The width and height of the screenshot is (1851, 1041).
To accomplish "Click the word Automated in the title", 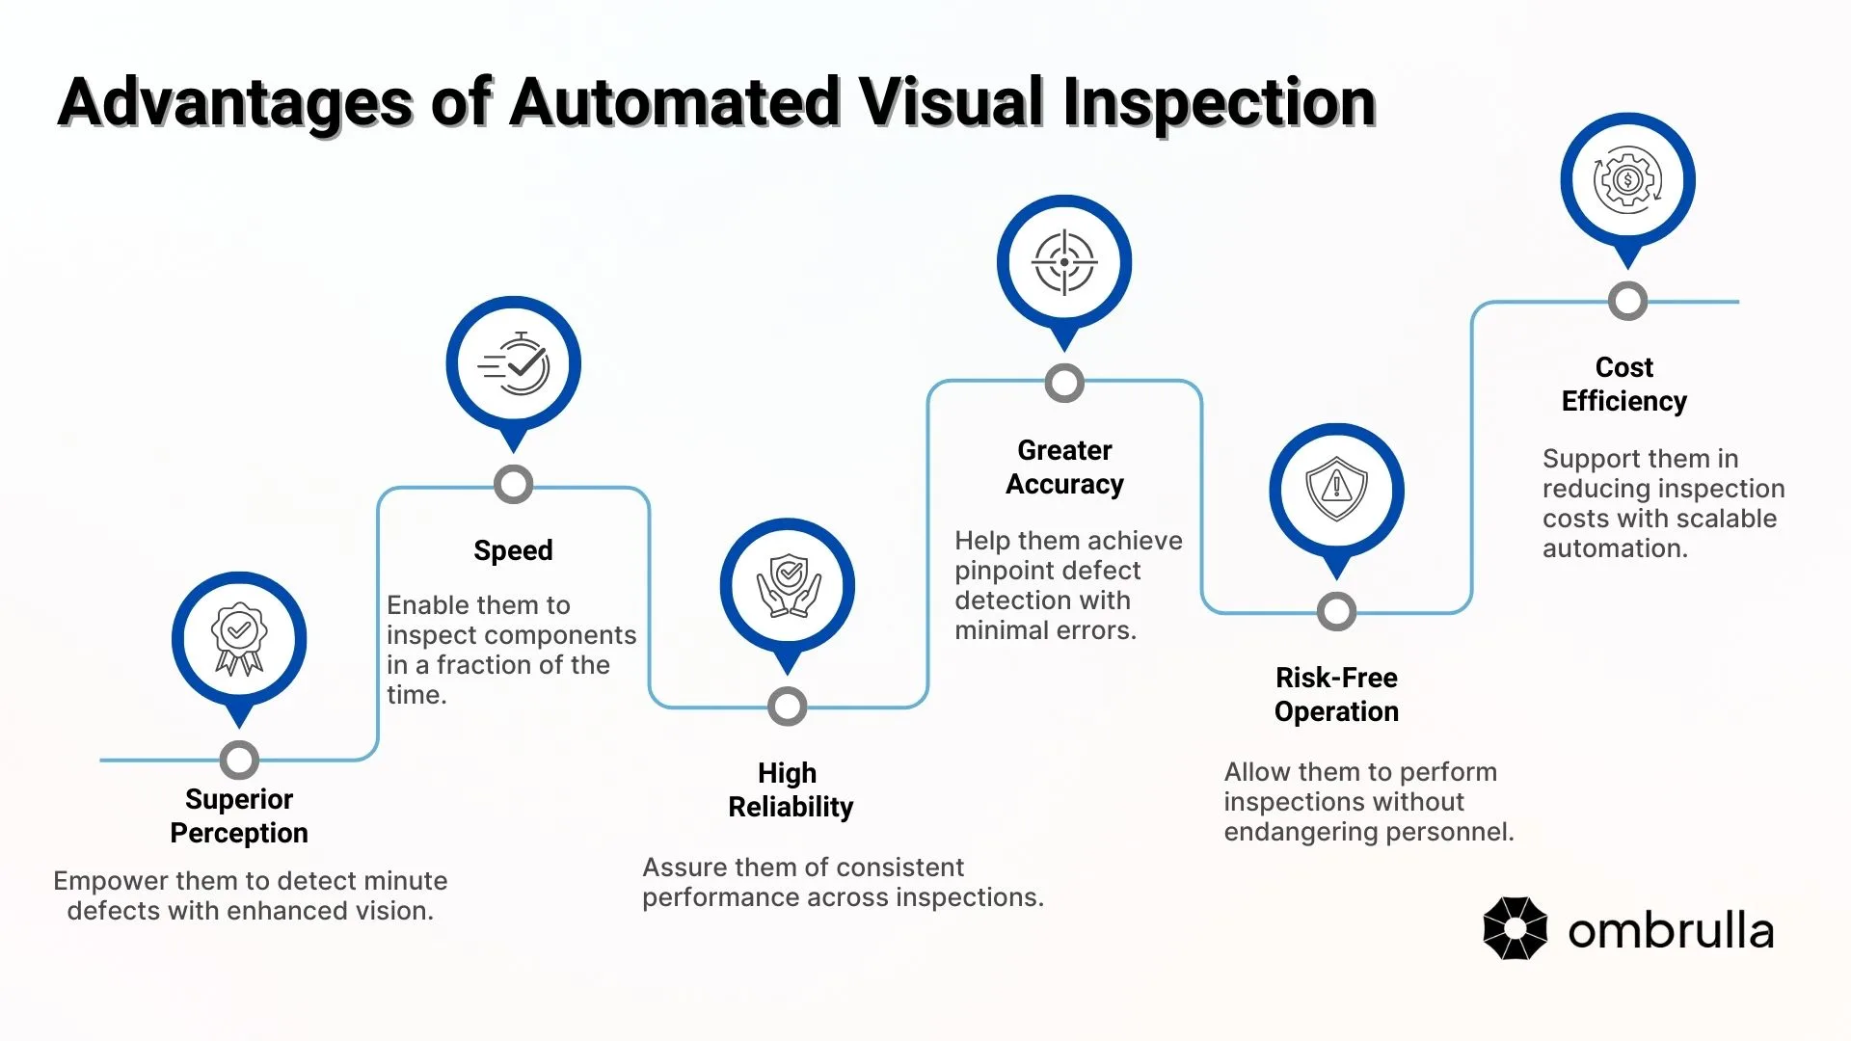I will coord(674,102).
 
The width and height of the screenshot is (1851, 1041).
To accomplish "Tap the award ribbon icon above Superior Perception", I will coord(239,638).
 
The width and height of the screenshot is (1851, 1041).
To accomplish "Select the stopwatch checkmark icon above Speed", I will coord(514,364).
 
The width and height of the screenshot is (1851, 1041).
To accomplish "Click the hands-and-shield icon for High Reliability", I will coord(788,586).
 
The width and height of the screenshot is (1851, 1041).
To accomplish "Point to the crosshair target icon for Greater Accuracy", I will coord(1064,262).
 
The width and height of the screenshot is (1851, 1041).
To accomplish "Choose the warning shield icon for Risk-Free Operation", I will coord(1336,490).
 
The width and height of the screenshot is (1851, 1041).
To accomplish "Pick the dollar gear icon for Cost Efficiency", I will coord(1627,180).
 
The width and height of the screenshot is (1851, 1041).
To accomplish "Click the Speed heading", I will coord(513,550).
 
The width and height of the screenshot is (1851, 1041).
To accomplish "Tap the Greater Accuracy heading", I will coord(1064,467).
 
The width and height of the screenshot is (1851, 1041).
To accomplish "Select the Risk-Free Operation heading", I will coord(1336,694).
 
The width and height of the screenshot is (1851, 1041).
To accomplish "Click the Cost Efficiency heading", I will coord(1624,384).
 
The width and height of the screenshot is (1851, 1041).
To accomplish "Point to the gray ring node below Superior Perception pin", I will coord(239,761).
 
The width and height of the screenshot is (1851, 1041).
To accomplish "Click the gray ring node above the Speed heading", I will coord(514,485).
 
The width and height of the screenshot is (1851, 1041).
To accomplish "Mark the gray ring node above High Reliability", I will coord(788,707).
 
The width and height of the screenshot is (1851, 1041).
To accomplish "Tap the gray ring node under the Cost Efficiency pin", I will coord(1627,302).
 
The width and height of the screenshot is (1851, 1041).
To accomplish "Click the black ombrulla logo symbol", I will coord(1515,928).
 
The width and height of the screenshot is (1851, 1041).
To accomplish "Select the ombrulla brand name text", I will coord(1671,930).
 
